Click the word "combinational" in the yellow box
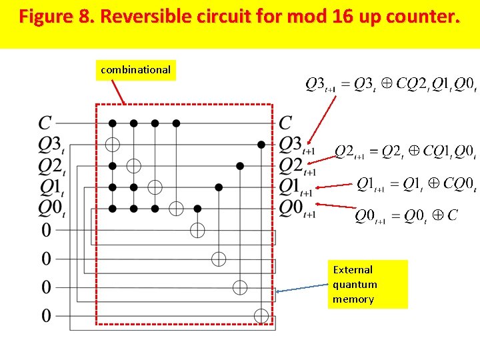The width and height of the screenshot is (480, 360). tap(135, 69)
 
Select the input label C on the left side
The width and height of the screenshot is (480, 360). tap(45, 123)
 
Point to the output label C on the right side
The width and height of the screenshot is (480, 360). tap(285, 123)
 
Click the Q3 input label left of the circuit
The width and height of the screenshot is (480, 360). tap(51, 145)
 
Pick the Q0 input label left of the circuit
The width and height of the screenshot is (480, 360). tap(51, 208)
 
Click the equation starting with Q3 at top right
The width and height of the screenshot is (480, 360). tap(390, 84)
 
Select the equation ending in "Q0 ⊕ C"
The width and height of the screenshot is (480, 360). tap(405, 216)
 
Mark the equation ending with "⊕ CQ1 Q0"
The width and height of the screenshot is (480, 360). tap(405, 152)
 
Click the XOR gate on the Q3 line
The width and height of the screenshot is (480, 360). tap(113, 144)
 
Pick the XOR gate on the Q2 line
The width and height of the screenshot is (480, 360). tap(134, 165)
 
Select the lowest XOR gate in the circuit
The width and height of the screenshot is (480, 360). tap(261, 315)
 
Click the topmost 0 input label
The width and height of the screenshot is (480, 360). tap(46, 231)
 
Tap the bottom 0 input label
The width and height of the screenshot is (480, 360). tap(46, 315)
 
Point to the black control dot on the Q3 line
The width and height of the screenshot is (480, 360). tap(261, 144)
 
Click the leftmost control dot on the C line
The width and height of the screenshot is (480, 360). tap(113, 123)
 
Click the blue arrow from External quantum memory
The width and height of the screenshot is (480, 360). tap(303, 288)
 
